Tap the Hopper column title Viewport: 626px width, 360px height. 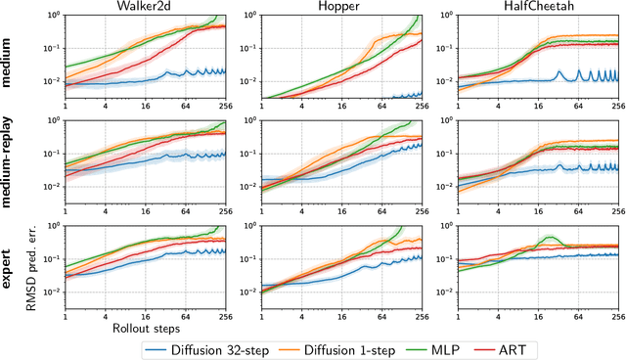[x=332, y=7]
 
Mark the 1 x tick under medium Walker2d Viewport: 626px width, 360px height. [x=65, y=104]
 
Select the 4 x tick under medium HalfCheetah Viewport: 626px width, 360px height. [x=479, y=104]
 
